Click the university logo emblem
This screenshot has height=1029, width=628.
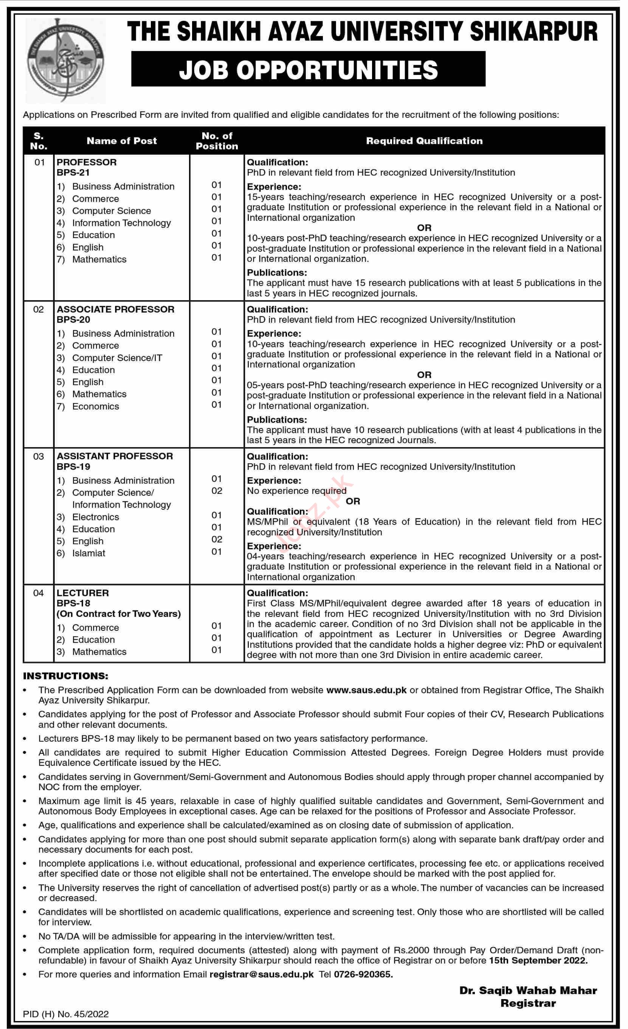(x=65, y=61)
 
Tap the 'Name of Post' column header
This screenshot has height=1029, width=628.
(x=121, y=141)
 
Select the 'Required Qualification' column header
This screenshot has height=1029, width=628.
(x=424, y=141)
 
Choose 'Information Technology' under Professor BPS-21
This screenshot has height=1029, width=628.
(x=121, y=223)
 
